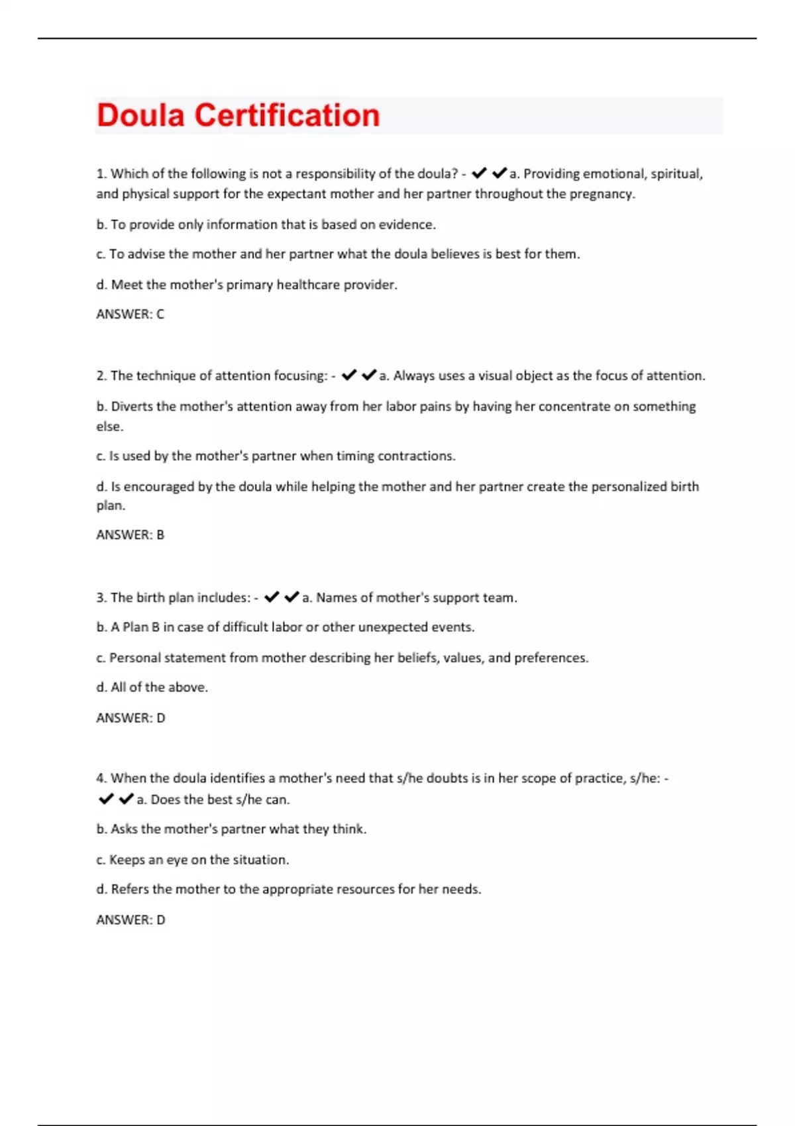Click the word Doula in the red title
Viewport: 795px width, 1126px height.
coord(140,115)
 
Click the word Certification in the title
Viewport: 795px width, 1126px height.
coord(287,115)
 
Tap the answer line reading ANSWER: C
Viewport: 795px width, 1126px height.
coord(130,315)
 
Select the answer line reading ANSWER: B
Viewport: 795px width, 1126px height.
coord(130,535)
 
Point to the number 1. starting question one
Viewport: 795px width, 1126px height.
coord(101,174)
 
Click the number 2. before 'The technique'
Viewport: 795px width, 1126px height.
coord(101,376)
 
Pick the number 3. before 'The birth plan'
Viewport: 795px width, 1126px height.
coord(101,598)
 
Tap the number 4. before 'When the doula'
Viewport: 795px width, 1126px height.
coord(101,778)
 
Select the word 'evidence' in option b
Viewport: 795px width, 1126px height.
coord(406,225)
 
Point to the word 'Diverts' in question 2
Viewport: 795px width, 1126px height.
coord(131,407)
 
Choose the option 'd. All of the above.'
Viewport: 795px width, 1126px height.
coord(152,688)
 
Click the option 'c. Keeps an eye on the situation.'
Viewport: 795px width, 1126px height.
coord(192,860)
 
